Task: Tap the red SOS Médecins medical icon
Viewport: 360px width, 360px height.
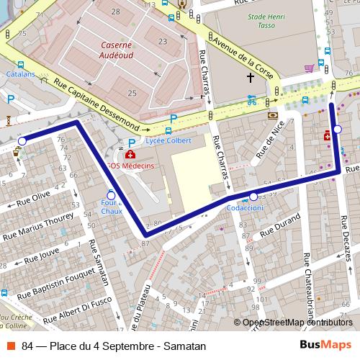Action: coord(130,154)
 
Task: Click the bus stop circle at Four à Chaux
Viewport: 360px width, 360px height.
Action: coord(111,195)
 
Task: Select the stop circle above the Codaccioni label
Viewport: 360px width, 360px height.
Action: coord(253,197)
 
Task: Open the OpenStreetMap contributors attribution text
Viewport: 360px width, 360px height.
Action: coord(297,322)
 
